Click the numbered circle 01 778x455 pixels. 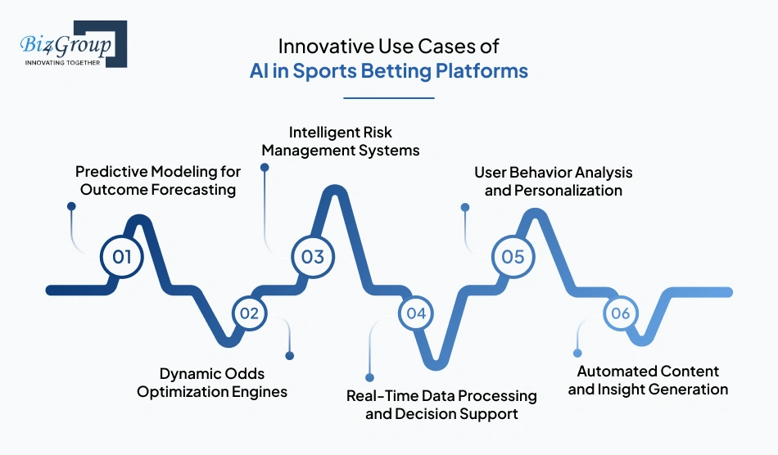[122, 257]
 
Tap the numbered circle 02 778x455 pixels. [250, 313]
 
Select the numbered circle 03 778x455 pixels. [313, 257]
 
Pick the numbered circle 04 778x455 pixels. [416, 313]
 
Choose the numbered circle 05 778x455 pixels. [513, 257]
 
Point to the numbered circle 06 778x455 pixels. [620, 313]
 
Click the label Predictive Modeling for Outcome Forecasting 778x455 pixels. [158, 181]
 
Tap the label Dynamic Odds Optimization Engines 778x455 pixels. [212, 383]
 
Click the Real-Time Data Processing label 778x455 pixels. [441, 404]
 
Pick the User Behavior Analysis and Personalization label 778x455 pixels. [554, 182]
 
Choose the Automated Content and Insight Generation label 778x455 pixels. [648, 381]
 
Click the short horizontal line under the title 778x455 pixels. [388, 98]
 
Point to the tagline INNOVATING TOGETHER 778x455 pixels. [62, 62]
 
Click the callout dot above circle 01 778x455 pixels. [71, 207]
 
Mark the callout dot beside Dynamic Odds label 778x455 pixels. [289, 355]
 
